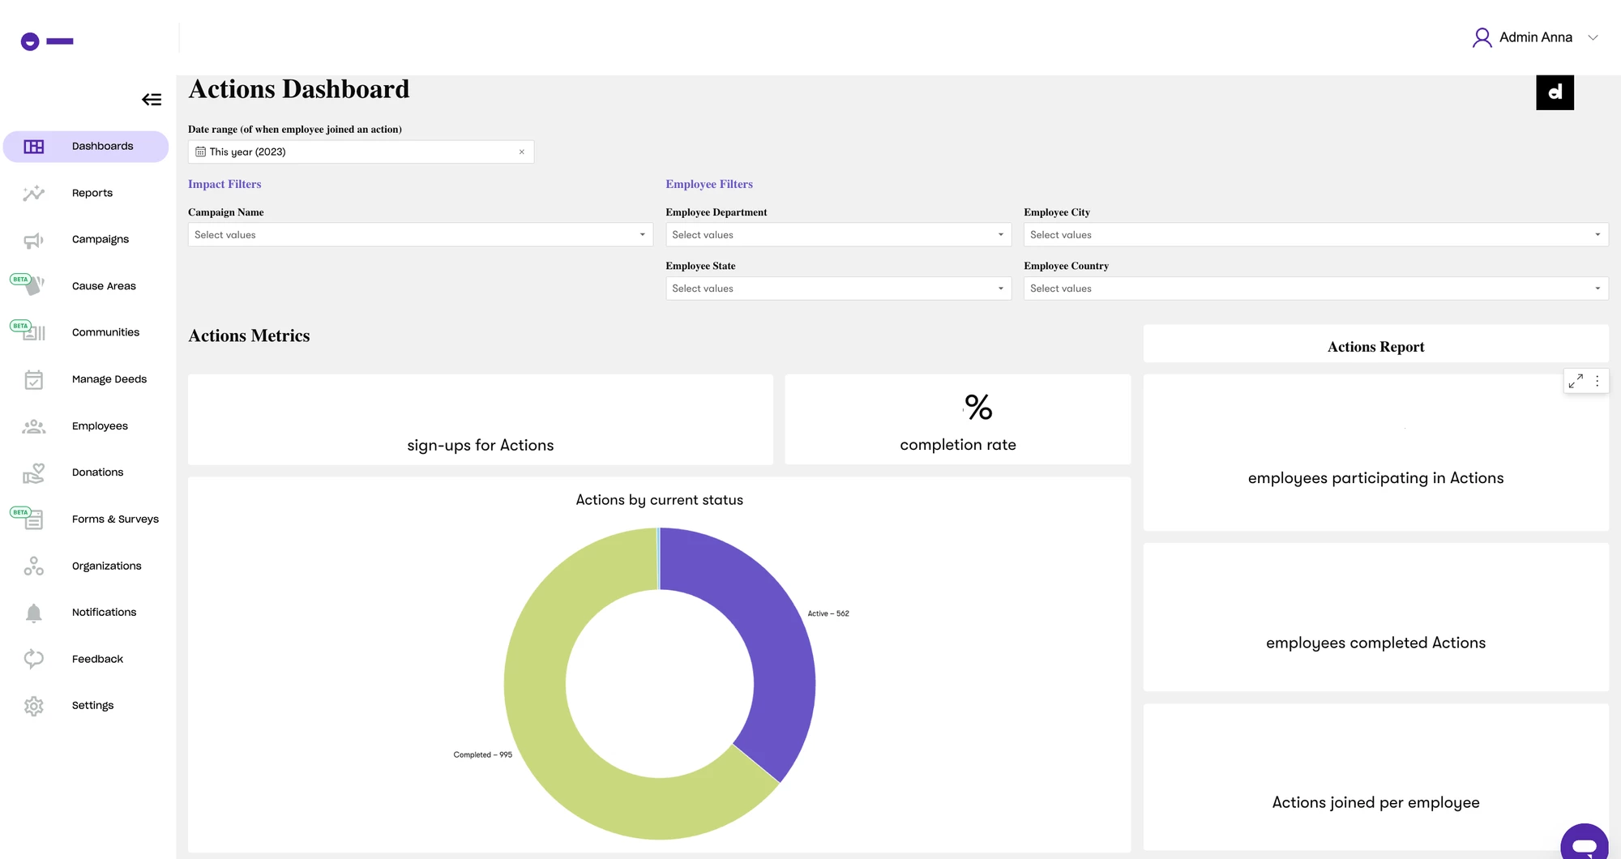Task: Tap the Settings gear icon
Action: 33,706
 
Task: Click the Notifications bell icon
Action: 33,613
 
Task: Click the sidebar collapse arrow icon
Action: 152,100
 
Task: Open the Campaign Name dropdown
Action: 420,235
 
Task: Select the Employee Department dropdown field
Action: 838,235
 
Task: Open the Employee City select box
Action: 1315,235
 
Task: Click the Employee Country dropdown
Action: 1315,288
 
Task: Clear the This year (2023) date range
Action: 522,152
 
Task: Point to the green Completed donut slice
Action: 551,729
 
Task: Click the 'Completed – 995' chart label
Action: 482,754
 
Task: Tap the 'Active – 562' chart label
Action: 828,613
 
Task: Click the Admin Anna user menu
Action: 1535,37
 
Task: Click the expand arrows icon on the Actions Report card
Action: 1576,381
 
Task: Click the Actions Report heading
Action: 1375,347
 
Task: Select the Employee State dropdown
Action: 838,288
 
